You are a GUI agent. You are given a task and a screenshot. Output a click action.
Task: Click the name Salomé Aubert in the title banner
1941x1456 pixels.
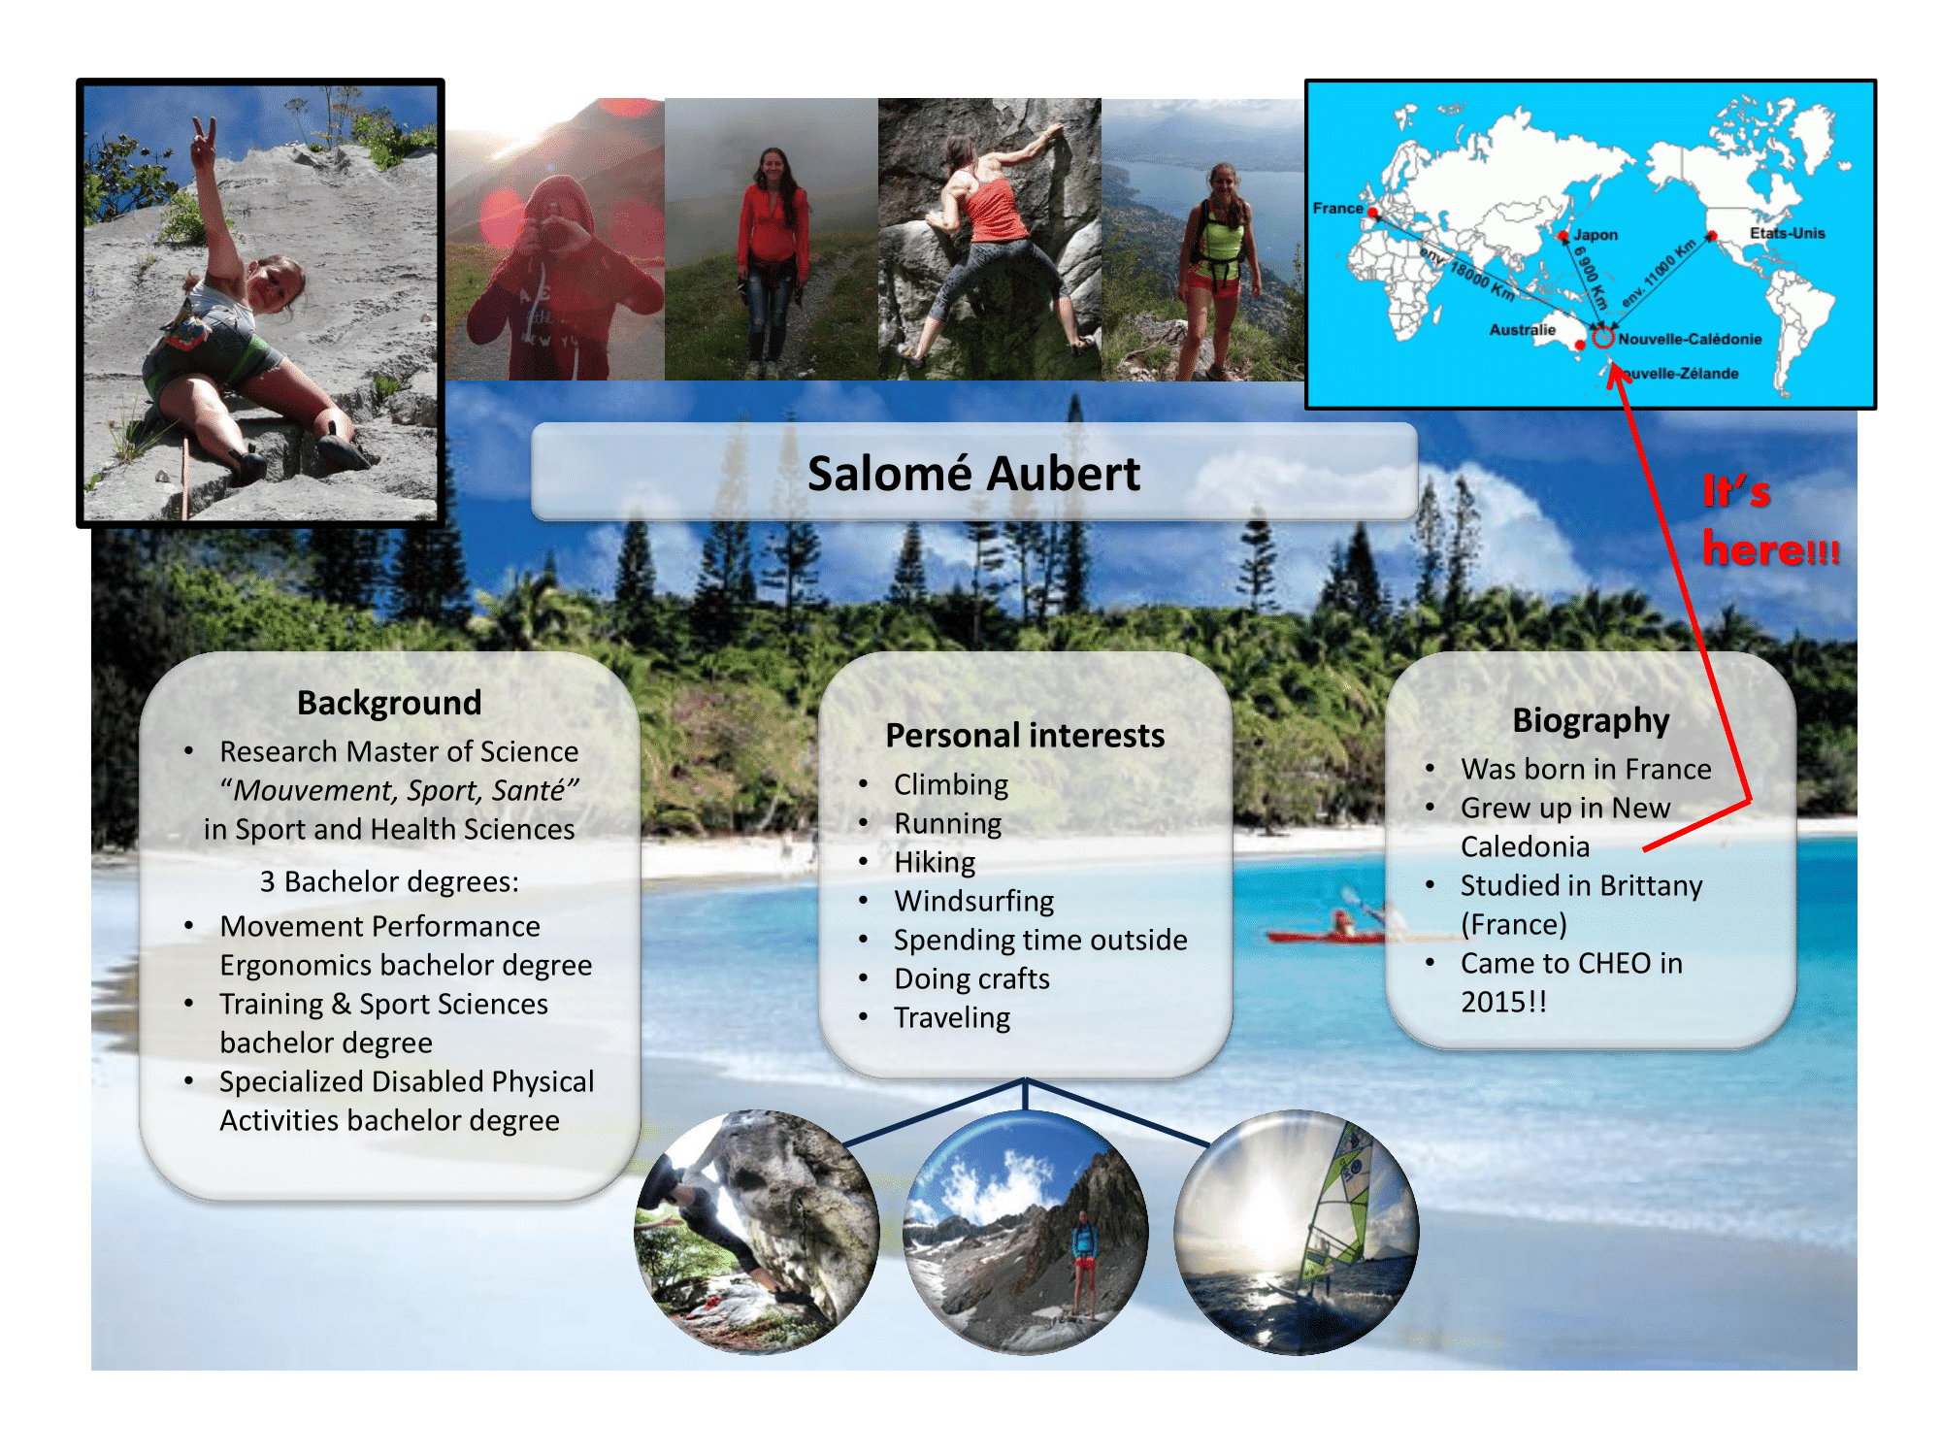pyautogui.click(x=973, y=474)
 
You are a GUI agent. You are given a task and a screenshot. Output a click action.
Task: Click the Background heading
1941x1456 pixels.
pyautogui.click(x=389, y=703)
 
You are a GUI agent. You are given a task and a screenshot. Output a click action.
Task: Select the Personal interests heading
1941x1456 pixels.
pyautogui.click(x=1025, y=736)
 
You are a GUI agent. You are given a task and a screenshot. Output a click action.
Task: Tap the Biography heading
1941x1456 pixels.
pyautogui.click(x=1591, y=721)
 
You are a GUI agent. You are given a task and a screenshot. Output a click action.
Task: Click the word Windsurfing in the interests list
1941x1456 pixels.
pyautogui.click(x=974, y=902)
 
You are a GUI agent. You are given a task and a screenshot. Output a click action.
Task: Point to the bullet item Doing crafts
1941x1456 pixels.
pyautogui.click(x=971, y=978)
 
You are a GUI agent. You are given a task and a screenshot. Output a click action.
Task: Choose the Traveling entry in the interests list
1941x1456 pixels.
pyautogui.click(x=952, y=1018)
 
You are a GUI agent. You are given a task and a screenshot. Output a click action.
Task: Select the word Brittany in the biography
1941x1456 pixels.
pyautogui.click(x=1651, y=886)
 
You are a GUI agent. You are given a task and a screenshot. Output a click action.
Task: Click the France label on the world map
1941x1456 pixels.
pyautogui.click(x=1337, y=208)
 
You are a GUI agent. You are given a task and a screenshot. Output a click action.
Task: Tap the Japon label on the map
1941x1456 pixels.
pyautogui.click(x=1596, y=235)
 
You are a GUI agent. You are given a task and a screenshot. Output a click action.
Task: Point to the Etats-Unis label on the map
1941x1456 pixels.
pyautogui.click(x=1787, y=233)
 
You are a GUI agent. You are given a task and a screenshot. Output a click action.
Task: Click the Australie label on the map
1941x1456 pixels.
pyautogui.click(x=1522, y=330)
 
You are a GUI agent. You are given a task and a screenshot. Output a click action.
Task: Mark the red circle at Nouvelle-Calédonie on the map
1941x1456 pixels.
pyautogui.click(x=1603, y=338)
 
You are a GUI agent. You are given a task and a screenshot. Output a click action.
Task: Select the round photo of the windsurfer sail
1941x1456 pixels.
pyautogui.click(x=1297, y=1233)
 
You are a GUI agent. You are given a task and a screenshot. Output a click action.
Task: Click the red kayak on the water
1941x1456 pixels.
pyautogui.click(x=1326, y=936)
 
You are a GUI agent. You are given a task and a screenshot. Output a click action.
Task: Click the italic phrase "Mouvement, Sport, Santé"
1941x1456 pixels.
pyautogui.click(x=400, y=791)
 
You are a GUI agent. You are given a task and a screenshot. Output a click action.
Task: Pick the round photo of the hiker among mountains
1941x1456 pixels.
pyautogui.click(x=1026, y=1233)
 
